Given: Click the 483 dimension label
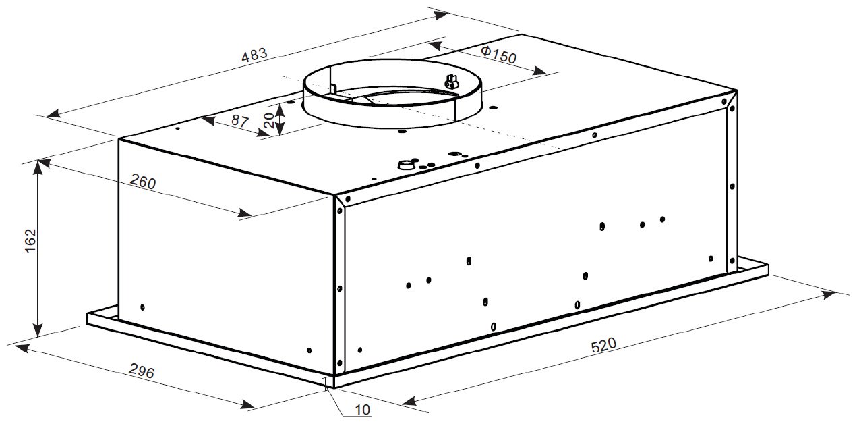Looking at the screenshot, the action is pyautogui.click(x=254, y=55).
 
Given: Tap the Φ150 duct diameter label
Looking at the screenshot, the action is pyautogui.click(x=498, y=54).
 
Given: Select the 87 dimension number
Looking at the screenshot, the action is pyautogui.click(x=240, y=121).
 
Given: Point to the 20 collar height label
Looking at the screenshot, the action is pyautogui.click(x=268, y=120).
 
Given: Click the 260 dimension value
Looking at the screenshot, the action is pyautogui.click(x=143, y=181).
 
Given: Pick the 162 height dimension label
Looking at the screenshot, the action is pyautogui.click(x=30, y=240).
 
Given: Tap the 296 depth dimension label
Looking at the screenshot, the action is pyautogui.click(x=142, y=371).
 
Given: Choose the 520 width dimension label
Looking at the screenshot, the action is pyautogui.click(x=603, y=345).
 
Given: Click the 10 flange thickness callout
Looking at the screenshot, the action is pyautogui.click(x=363, y=410).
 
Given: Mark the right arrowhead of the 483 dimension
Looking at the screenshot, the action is pyautogui.click(x=440, y=16).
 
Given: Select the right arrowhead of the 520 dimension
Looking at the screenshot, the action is pyautogui.click(x=828, y=295).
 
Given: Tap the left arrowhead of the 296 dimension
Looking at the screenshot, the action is pyautogui.click(x=21, y=348).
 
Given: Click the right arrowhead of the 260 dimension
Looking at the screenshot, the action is pyautogui.click(x=245, y=212).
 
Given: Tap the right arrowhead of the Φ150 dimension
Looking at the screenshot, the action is pyautogui.click(x=540, y=70).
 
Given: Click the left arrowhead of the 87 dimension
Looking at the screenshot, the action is pyautogui.click(x=208, y=121).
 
